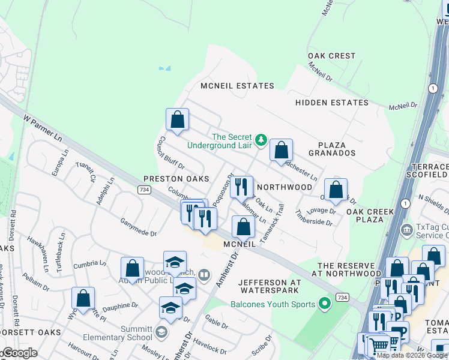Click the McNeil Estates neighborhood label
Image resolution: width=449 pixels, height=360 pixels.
coord(238,86)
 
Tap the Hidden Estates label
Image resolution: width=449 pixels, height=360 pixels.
coord(332,103)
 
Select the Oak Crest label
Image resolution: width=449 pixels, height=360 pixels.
coord(332,56)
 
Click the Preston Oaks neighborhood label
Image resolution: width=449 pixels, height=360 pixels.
coord(176,179)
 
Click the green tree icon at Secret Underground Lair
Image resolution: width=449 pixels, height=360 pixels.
coord(261,140)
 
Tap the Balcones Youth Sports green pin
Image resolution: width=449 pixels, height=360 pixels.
coord(325,304)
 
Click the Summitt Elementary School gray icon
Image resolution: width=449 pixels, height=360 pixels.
coord(160,331)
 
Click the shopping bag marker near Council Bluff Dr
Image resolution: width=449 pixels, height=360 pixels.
coord(177,119)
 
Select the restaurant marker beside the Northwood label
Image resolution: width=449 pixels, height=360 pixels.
coord(241,187)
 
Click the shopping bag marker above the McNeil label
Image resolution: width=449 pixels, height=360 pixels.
coord(243,227)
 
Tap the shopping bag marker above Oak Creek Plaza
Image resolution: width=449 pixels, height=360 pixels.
coord(336,190)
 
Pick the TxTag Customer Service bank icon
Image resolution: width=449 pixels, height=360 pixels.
coord(407,228)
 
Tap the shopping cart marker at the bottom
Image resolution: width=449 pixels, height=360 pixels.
coord(378,345)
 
